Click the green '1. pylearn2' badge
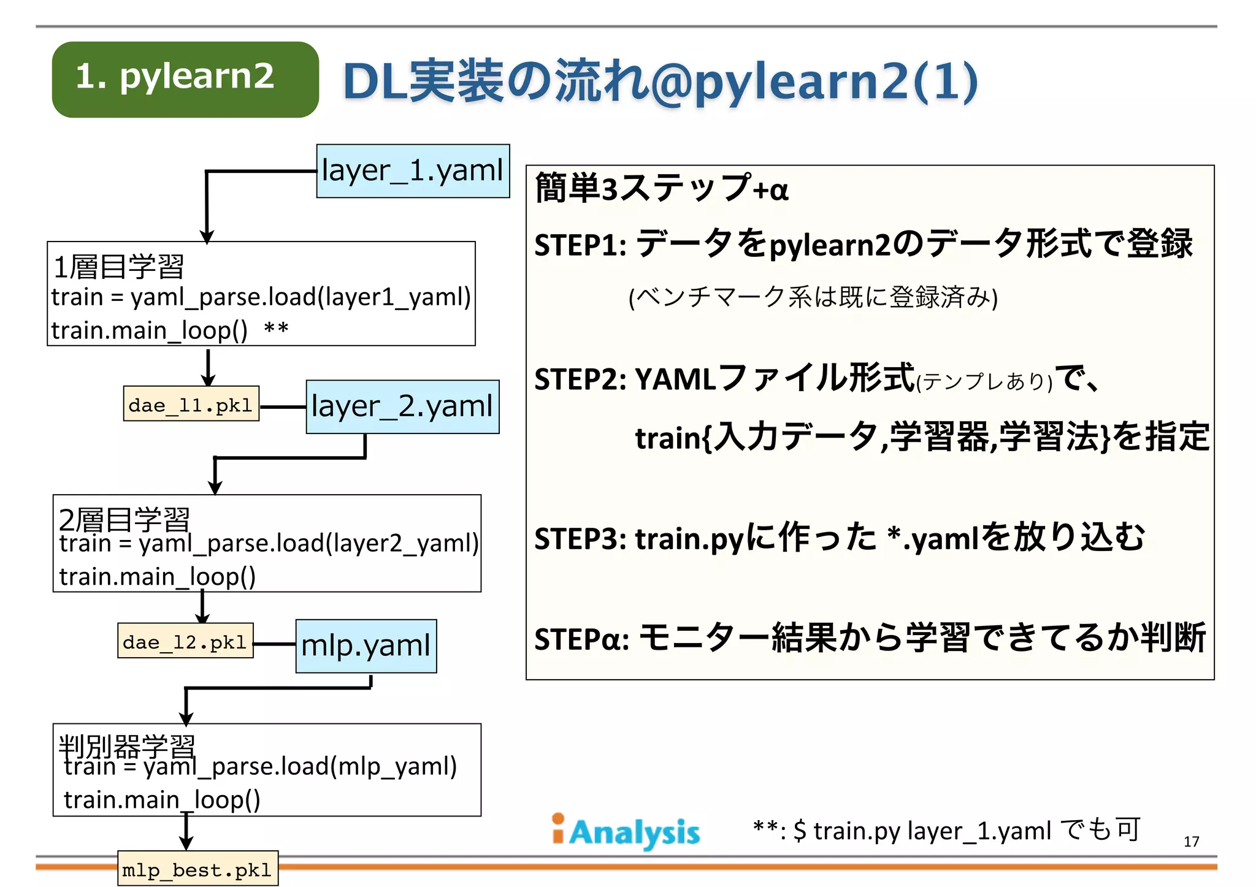[x=185, y=79]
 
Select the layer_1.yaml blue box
[x=413, y=171]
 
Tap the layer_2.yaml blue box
[x=402, y=407]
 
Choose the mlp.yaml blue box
[x=366, y=646]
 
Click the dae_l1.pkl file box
[x=191, y=405]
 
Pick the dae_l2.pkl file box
[x=185, y=642]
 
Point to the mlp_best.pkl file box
[x=197, y=869]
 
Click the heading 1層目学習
[x=119, y=267]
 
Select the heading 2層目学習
[x=124, y=520]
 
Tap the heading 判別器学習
[x=127, y=746]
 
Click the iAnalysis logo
[x=626, y=832]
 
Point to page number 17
[x=1191, y=842]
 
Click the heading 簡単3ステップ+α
[x=661, y=188]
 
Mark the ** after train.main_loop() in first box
[x=276, y=329]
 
